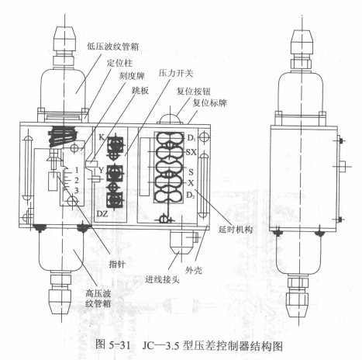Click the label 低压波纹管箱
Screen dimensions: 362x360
click(112, 47)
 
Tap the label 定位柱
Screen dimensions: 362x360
click(119, 63)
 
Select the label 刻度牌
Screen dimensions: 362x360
click(132, 76)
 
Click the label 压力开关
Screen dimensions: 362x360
click(176, 74)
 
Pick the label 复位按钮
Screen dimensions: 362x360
click(193, 92)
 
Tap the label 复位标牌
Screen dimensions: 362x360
click(209, 103)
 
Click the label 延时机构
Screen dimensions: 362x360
click(235, 229)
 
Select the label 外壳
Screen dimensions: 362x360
click(194, 271)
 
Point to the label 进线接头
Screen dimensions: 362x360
click(162, 279)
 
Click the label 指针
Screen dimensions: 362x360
click(117, 264)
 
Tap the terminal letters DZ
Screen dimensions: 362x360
click(102, 214)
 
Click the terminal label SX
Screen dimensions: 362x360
click(191, 152)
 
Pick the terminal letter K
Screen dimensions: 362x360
click(102, 137)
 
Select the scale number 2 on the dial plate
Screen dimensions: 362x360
click(76, 180)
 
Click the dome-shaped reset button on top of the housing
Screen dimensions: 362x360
click(171, 119)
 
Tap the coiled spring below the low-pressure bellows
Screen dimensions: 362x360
click(63, 137)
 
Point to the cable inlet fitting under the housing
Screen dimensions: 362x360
click(183, 242)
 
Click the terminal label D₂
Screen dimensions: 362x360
click(191, 196)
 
